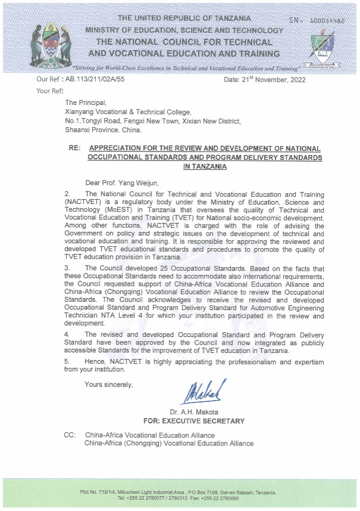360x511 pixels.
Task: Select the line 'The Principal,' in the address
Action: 85,103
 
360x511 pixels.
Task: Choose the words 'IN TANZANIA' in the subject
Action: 204,167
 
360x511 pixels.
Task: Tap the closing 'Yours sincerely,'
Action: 108,385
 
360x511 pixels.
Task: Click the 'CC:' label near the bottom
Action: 70,435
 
